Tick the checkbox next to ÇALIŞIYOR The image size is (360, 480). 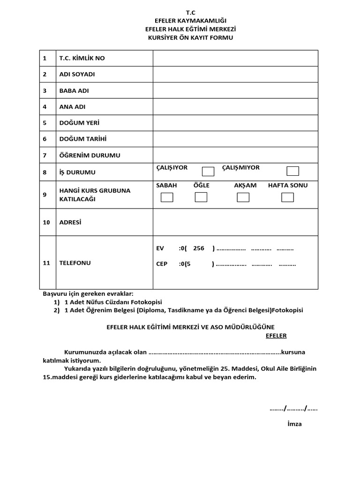coord(208,172)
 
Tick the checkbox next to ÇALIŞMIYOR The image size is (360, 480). coord(293,171)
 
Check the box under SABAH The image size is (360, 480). coord(167,197)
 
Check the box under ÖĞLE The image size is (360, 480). coord(201,197)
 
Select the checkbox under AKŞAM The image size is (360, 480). coord(243,197)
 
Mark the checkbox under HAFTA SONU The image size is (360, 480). coord(288,197)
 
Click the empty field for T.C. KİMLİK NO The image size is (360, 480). coord(235,58)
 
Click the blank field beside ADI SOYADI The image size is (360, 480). coord(235,74)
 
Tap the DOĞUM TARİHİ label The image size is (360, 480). coord(83,139)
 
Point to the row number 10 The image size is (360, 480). coord(46,222)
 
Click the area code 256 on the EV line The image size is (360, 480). coord(198,248)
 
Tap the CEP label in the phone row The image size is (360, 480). coord(162,264)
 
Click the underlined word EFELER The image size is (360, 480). coord(276,336)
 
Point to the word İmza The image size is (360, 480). coord(294,424)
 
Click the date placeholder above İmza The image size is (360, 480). coord(293,408)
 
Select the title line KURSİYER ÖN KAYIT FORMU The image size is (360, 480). coord(190,37)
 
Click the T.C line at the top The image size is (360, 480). coord(190,13)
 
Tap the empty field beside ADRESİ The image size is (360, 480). coord(235,222)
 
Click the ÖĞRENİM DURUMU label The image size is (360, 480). coord(90,155)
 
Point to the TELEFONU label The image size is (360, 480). coord(75,263)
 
